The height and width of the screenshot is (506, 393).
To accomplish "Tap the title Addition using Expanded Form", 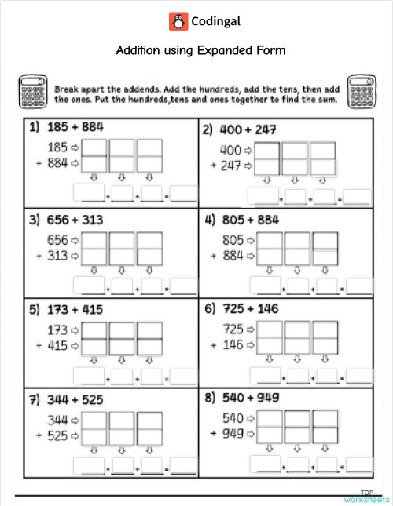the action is [x=200, y=51].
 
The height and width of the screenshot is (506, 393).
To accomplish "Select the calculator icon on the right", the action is [x=363, y=92].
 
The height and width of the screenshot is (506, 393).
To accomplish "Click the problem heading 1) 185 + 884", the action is [x=66, y=126].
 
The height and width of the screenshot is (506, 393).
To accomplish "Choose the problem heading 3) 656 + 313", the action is [x=66, y=220].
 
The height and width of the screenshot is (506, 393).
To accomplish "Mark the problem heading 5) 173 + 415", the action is [x=66, y=309].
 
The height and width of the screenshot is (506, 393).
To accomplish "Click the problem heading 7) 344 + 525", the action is [x=66, y=399].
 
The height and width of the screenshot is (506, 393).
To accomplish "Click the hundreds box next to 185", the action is [x=94, y=147].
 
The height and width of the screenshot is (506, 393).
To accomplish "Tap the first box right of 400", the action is [x=267, y=151].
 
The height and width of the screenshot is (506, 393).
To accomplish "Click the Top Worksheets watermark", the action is [x=366, y=496].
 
